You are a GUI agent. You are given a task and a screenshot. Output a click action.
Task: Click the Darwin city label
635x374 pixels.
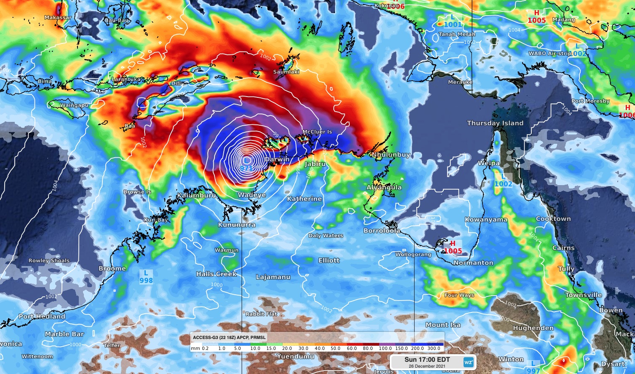coord(277,159)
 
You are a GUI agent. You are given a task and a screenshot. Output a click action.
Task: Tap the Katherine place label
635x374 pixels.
coord(304,199)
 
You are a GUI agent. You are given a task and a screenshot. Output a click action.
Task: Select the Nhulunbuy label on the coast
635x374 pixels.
coord(391,155)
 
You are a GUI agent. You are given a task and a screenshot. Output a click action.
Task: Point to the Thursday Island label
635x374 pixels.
coord(495,123)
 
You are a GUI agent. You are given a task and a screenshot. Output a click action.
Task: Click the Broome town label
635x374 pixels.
coord(112,268)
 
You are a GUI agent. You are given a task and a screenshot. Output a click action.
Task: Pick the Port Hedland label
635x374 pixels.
coord(42,316)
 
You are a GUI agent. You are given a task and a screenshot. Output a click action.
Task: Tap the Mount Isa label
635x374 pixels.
coord(443,325)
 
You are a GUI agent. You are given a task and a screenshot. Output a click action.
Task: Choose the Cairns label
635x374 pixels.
coord(563,248)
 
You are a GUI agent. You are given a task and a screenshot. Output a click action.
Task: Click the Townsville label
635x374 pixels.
coord(583,295)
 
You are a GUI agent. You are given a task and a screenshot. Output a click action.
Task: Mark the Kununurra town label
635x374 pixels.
coord(236,225)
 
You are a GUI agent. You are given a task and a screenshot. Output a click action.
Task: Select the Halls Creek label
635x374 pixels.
coord(217,274)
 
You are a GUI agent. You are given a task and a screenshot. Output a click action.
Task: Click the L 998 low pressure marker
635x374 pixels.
coord(146,277)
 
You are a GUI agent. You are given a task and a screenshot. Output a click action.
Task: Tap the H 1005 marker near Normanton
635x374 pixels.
coord(453,248)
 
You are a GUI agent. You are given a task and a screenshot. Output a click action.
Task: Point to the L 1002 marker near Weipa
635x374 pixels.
coord(503,180)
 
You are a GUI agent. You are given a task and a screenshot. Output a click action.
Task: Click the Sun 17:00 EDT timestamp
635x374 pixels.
coord(427,360)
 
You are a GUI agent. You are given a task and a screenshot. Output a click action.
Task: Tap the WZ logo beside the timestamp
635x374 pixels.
coord(468,362)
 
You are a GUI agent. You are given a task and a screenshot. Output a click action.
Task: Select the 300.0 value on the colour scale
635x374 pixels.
coord(434,349)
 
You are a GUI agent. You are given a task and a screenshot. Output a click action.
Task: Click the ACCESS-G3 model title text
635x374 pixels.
coord(229,337)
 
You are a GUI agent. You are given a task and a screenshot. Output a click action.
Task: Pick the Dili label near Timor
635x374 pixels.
coord(176,83)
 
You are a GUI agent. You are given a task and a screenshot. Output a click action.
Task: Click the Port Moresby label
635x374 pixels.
coord(590,101)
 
